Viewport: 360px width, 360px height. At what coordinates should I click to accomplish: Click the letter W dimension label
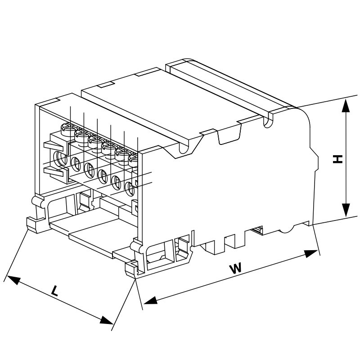(236, 268)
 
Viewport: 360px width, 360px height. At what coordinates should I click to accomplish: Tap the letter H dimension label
(337, 159)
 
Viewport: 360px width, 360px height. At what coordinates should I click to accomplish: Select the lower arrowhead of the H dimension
(346, 210)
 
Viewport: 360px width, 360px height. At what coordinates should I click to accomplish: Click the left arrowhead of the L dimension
(13, 280)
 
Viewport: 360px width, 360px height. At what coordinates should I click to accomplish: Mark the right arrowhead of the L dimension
(106, 320)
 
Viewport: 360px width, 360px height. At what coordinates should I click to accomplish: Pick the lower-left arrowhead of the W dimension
(150, 300)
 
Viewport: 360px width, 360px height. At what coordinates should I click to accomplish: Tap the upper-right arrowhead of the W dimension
(311, 254)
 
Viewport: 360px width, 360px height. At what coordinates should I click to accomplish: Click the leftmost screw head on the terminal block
(68, 129)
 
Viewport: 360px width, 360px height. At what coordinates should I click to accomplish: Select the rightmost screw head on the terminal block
(133, 161)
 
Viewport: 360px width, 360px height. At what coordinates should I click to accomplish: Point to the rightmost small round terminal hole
(130, 189)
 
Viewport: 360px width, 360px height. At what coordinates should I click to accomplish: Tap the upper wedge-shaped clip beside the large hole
(53, 146)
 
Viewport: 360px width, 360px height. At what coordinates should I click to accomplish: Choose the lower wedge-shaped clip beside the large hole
(53, 171)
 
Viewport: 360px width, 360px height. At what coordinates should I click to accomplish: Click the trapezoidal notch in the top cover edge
(229, 134)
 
